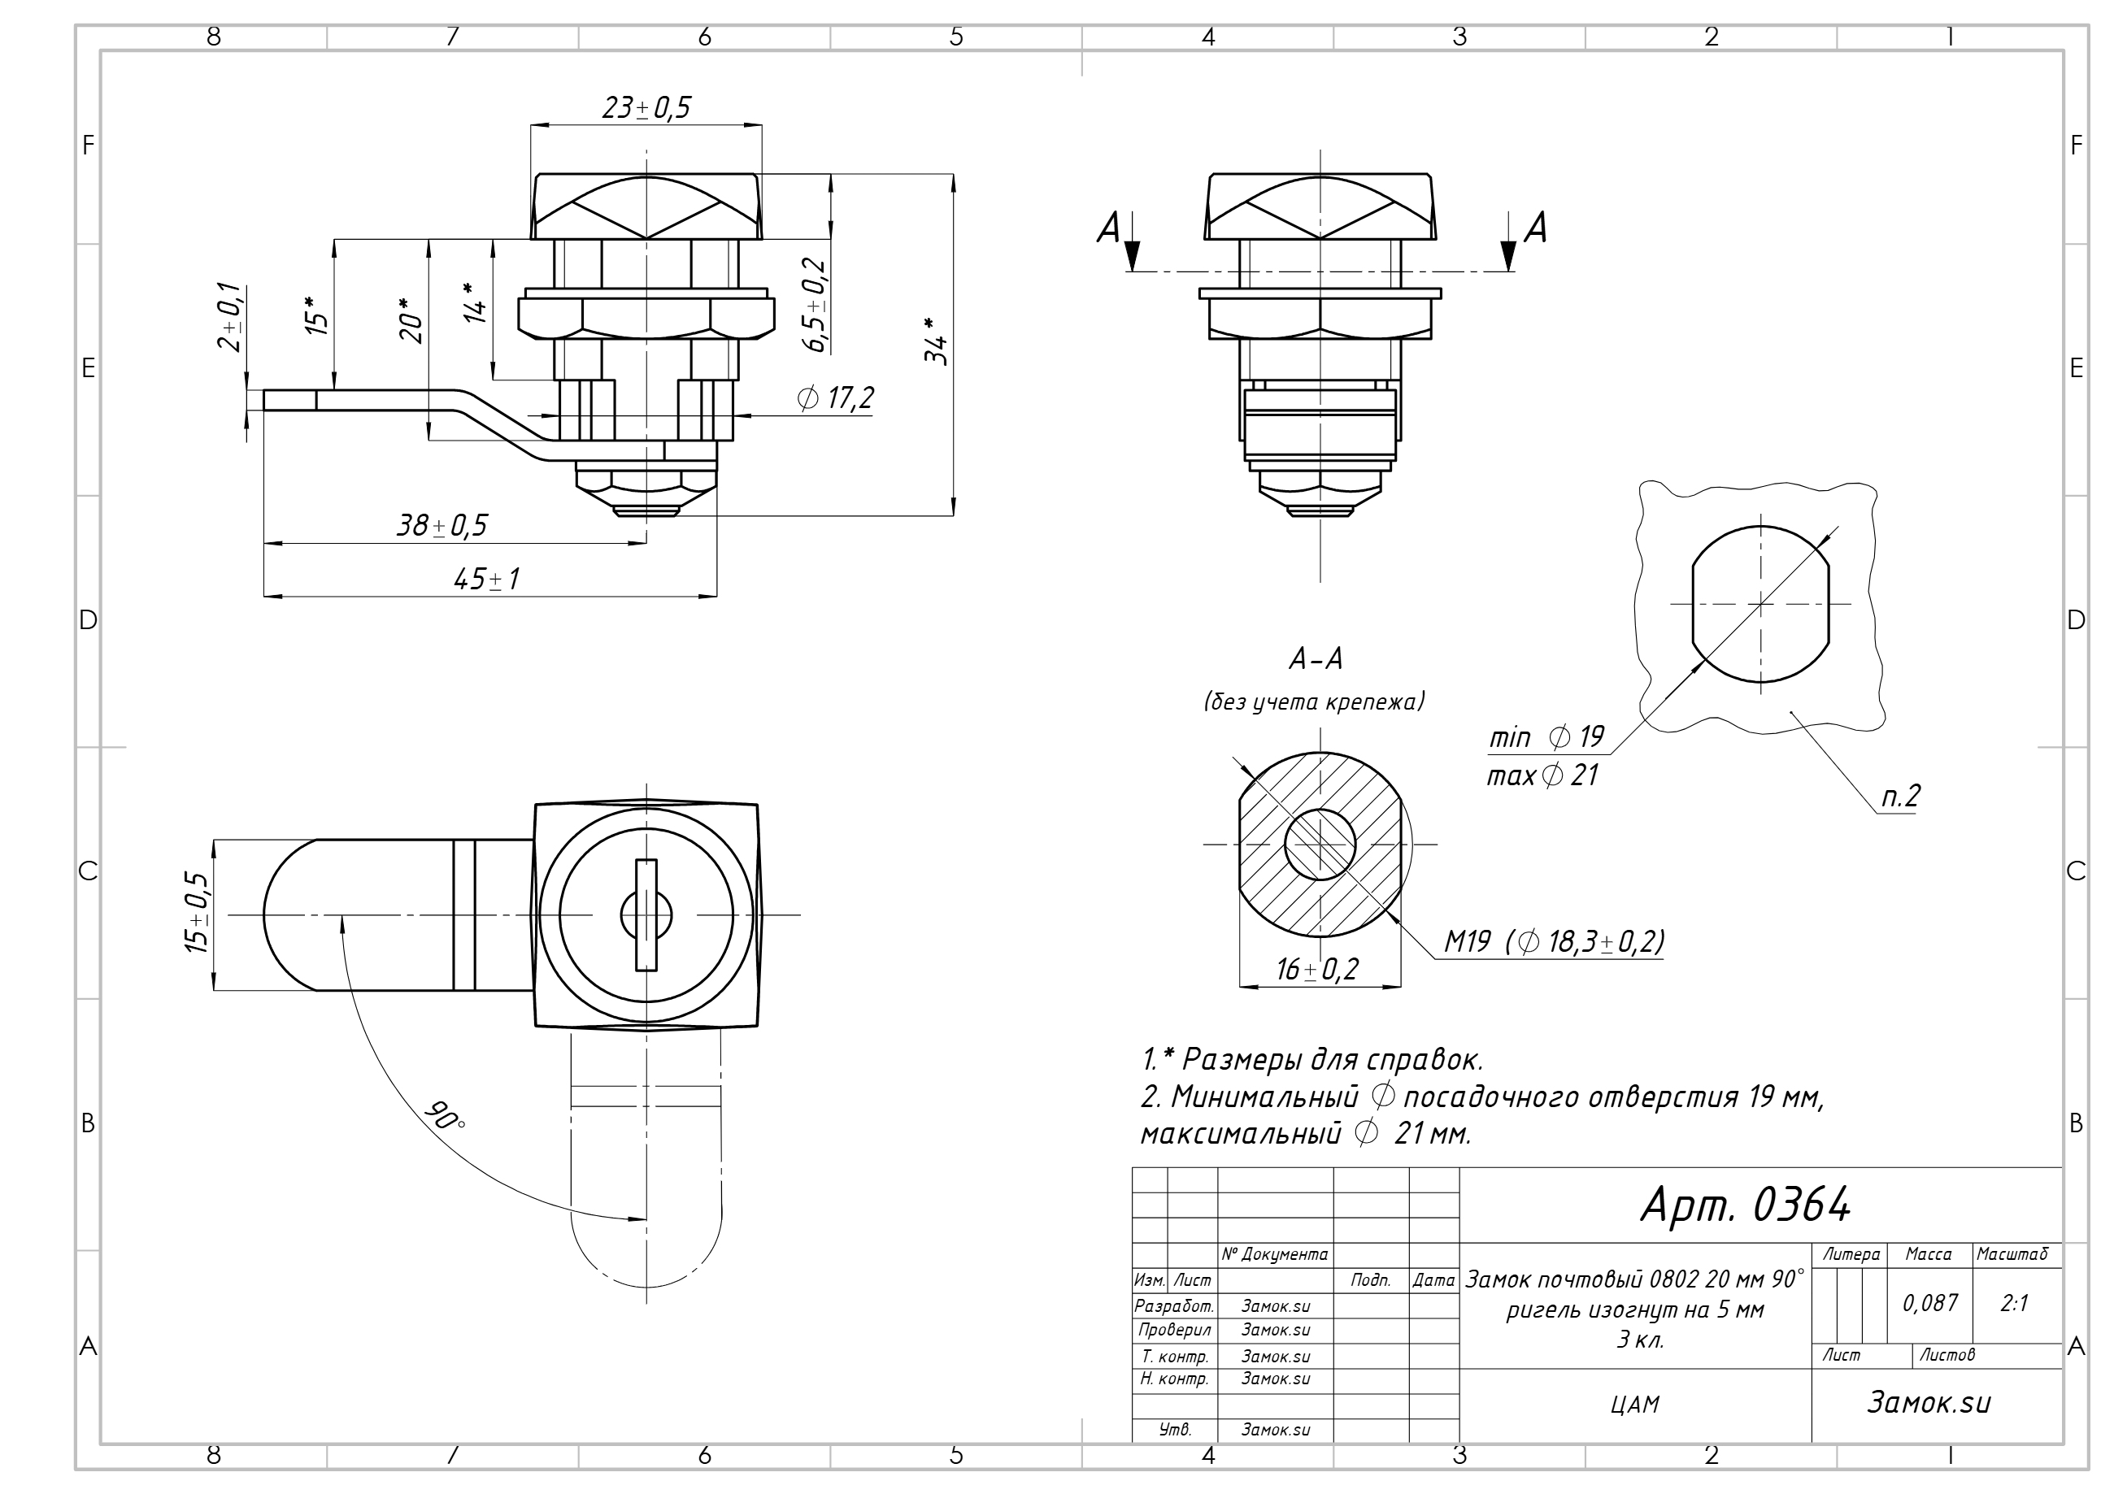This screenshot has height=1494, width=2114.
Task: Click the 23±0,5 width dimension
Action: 646,107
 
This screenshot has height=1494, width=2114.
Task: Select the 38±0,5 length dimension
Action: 442,526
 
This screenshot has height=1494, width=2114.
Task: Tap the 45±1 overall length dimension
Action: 487,579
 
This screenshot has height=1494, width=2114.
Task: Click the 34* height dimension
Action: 936,341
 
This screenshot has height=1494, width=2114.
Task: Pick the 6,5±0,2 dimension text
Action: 815,305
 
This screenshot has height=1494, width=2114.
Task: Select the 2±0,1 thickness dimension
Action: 230,317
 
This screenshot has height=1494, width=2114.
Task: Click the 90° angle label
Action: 445,1116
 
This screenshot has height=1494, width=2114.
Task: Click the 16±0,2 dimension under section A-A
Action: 1317,969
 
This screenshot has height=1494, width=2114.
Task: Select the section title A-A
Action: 1316,659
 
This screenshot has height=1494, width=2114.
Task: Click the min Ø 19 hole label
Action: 1546,737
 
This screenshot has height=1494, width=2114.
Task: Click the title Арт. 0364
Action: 1746,1204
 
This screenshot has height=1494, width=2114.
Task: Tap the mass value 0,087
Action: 1930,1302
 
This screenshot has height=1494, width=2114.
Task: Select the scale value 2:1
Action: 2015,1302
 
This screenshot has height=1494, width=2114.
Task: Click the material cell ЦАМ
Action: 1635,1405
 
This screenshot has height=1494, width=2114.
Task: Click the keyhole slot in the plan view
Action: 646,915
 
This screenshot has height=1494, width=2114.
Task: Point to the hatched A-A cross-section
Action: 1320,844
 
